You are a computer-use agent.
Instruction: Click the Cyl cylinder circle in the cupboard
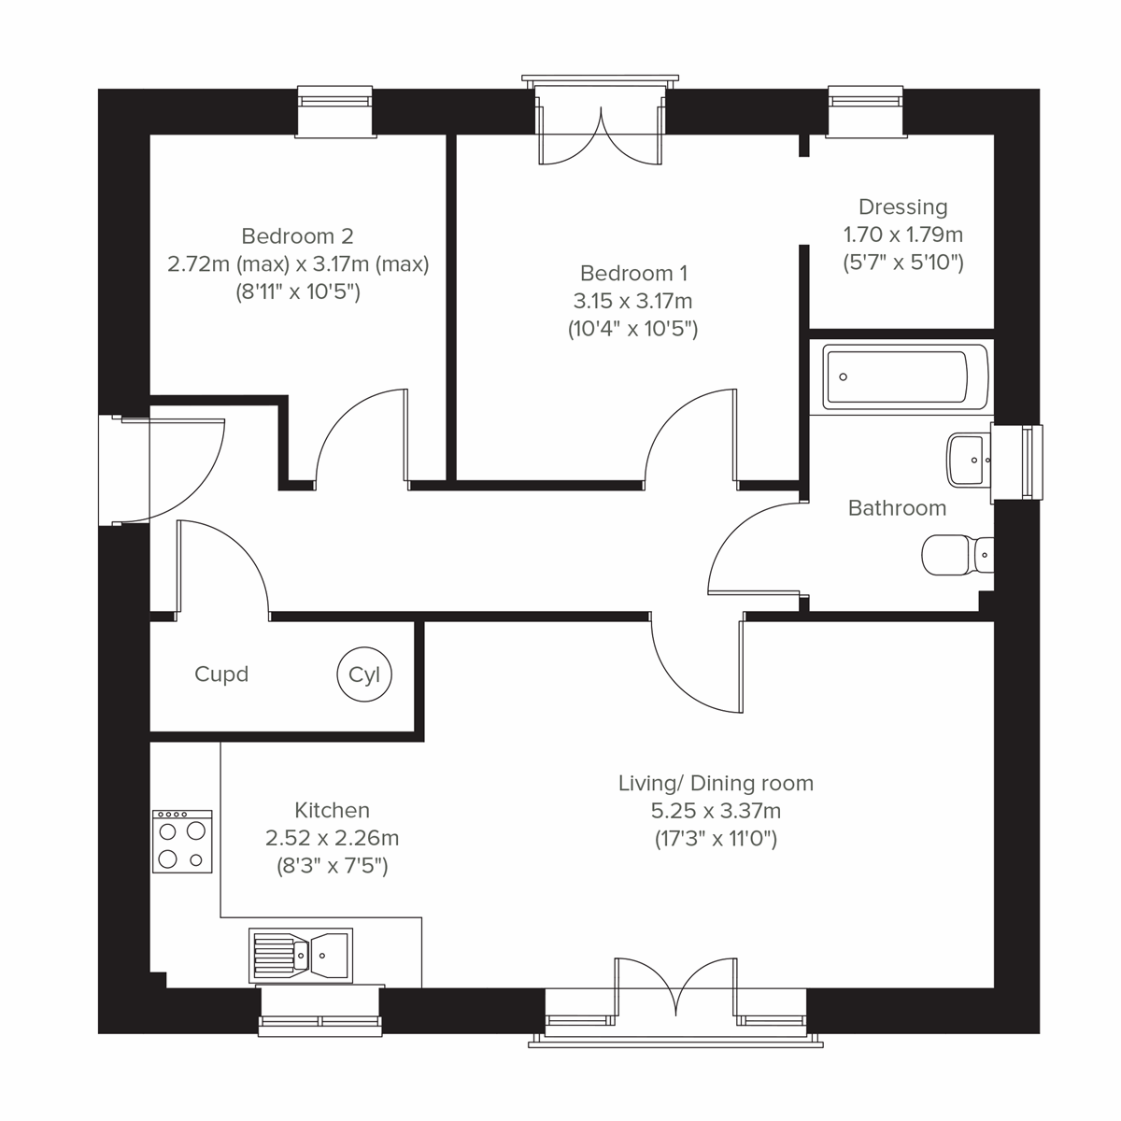click(x=364, y=674)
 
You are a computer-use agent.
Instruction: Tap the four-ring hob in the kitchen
click(x=182, y=841)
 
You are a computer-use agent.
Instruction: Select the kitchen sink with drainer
click(x=301, y=955)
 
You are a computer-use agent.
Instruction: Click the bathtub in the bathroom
click(x=904, y=377)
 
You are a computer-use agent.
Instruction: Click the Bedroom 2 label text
click(x=297, y=236)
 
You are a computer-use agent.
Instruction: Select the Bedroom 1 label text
click(x=633, y=274)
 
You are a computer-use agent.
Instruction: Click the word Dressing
click(x=902, y=207)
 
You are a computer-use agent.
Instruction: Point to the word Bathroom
click(x=897, y=508)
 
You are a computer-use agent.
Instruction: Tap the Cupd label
click(x=221, y=674)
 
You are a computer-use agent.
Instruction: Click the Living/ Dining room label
click(x=716, y=783)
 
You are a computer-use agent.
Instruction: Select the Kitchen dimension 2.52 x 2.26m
click(x=332, y=839)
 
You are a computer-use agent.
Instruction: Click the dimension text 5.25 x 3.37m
click(x=716, y=811)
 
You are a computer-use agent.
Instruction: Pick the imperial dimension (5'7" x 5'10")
click(x=902, y=263)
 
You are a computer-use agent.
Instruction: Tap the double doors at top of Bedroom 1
click(x=601, y=135)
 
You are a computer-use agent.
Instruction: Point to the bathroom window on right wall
click(x=1018, y=462)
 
